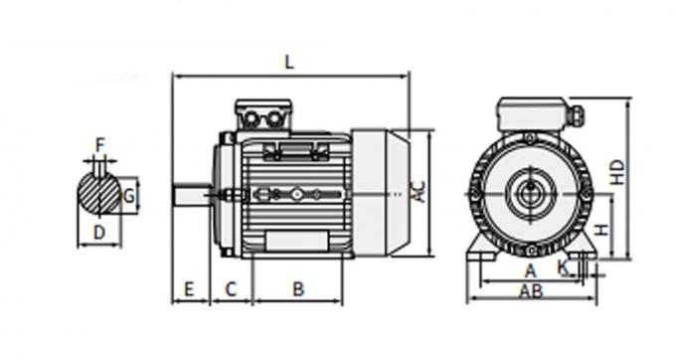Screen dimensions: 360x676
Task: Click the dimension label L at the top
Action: click(x=289, y=62)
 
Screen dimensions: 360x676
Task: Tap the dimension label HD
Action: click(x=617, y=172)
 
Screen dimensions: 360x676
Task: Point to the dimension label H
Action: click(x=601, y=232)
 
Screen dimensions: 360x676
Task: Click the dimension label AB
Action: click(x=531, y=290)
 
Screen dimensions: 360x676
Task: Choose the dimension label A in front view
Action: click(x=530, y=270)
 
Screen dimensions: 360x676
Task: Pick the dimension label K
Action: click(x=563, y=267)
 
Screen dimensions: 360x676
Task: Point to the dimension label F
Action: click(x=99, y=145)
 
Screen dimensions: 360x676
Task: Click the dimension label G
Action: click(x=127, y=197)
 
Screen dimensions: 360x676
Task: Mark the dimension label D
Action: click(x=98, y=232)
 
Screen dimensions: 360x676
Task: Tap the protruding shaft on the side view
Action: click(x=191, y=195)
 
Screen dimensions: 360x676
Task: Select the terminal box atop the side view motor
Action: click(x=262, y=115)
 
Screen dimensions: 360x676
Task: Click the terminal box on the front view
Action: click(x=532, y=114)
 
